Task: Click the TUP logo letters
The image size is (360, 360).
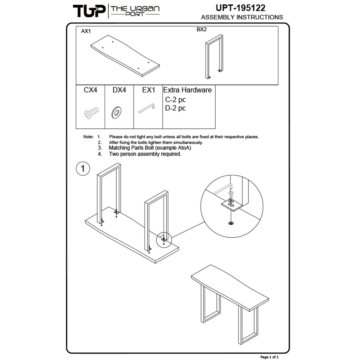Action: pyautogui.click(x=89, y=11)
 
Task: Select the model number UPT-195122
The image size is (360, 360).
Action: pyautogui.click(x=240, y=8)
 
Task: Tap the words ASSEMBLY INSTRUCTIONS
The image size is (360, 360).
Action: pyautogui.click(x=242, y=17)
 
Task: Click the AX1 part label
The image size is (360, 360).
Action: pyautogui.click(x=86, y=31)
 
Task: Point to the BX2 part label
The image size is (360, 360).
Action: pyautogui.click(x=202, y=30)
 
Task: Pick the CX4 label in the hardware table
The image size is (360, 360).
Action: pyautogui.click(x=90, y=90)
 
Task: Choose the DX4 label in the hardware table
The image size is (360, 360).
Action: pyautogui.click(x=119, y=90)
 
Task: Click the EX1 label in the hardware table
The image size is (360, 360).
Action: pyautogui.click(x=149, y=90)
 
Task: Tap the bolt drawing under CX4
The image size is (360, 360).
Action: pyautogui.click(x=91, y=113)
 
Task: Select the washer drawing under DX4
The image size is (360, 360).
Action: pyautogui.click(x=116, y=112)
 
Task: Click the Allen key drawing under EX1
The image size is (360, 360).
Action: pyautogui.click(x=147, y=108)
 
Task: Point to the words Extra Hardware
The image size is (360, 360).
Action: pyautogui.click(x=187, y=90)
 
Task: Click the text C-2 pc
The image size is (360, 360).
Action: pyautogui.click(x=175, y=100)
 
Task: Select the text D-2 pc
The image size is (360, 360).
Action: pyautogui.click(x=175, y=108)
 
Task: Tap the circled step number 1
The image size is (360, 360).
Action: pyautogui.click(x=83, y=169)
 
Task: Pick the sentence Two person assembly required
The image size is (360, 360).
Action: pyautogui.click(x=145, y=154)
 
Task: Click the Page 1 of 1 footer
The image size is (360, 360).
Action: pyautogui.click(x=269, y=357)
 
